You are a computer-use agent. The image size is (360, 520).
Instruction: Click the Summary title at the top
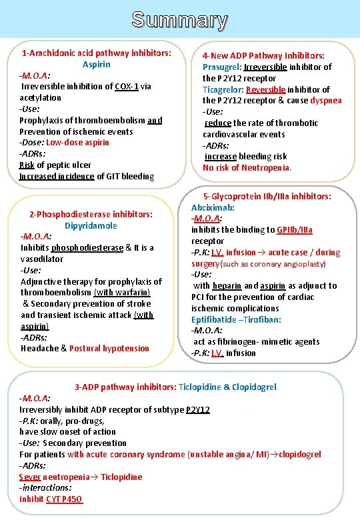(179, 20)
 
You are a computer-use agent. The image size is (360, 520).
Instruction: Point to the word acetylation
(41, 98)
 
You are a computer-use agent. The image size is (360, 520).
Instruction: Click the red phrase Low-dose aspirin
(78, 143)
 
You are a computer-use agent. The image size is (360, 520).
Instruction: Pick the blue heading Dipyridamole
(91, 225)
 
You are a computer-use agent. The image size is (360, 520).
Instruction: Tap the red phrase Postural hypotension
(109, 349)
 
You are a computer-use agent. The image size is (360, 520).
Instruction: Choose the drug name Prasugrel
(222, 67)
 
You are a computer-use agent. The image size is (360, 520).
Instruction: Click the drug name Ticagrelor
(223, 89)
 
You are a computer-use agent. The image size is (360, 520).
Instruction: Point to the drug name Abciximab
(213, 207)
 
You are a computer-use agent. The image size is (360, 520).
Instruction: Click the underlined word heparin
(227, 286)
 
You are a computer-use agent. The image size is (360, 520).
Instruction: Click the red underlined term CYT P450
(65, 499)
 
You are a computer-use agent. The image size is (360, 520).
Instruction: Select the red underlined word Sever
(30, 477)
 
